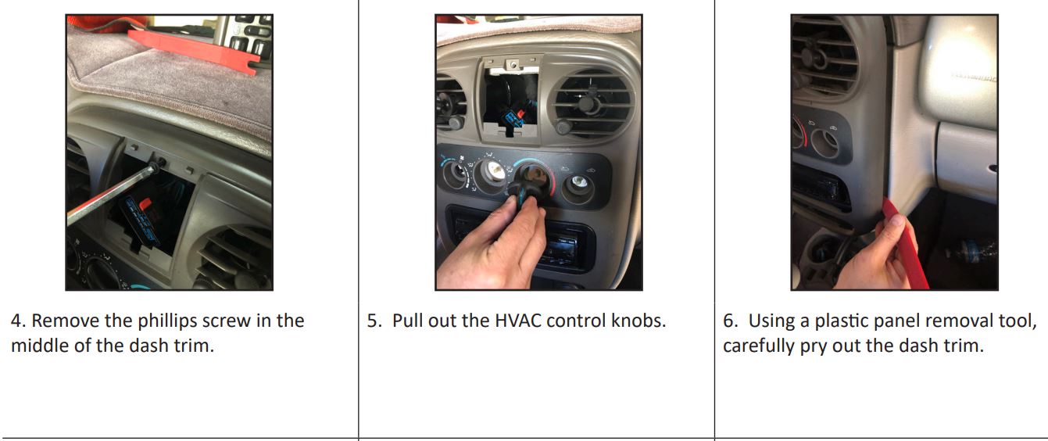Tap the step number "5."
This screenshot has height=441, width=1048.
point(376,321)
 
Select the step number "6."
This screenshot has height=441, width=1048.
point(732,321)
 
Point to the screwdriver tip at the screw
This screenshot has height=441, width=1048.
point(156,166)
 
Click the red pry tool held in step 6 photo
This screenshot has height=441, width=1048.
point(904,242)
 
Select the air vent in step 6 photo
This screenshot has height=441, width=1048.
point(824,59)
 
